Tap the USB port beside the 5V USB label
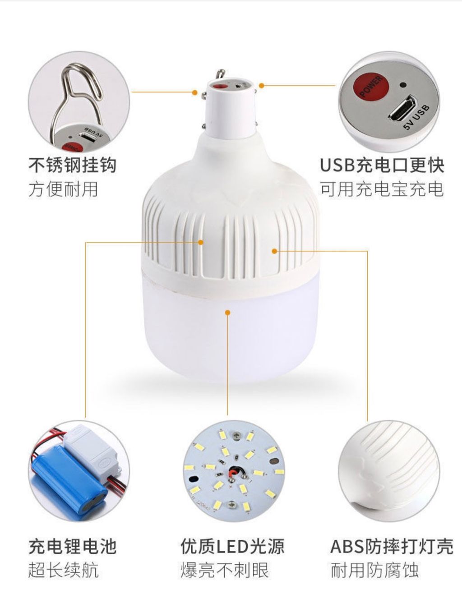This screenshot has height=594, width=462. [403, 107]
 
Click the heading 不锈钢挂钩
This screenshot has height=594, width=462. [73, 165]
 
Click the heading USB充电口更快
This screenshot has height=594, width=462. [382, 165]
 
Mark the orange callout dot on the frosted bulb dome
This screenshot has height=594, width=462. [227, 312]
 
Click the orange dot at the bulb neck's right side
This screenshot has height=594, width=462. [262, 86]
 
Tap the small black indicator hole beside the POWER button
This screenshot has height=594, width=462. [402, 84]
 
